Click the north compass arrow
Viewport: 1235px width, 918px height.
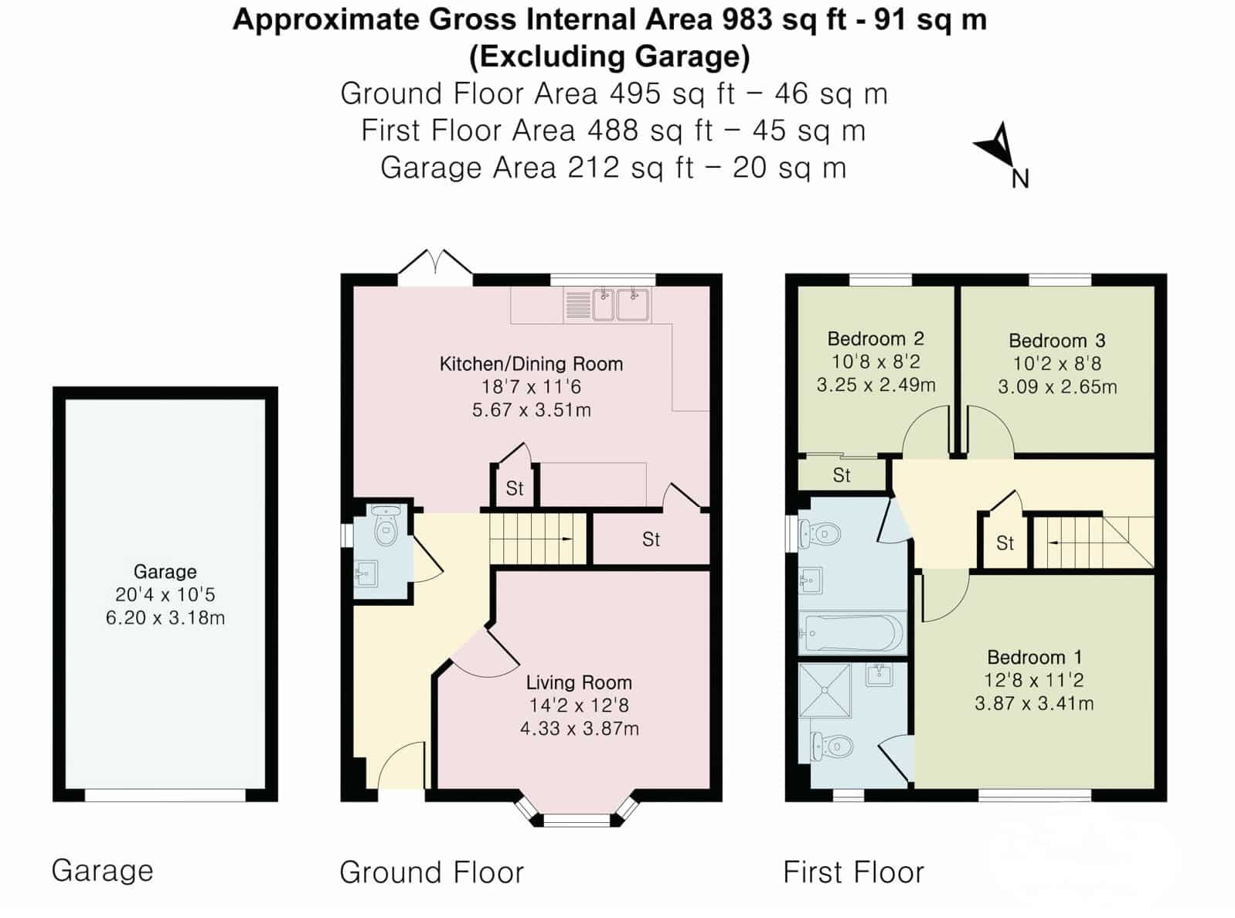[x=997, y=146]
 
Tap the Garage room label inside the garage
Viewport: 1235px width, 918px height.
[x=165, y=572]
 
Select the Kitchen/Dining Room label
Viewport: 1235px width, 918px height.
[x=531, y=364]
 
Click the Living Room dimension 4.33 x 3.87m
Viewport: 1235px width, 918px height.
[x=579, y=729]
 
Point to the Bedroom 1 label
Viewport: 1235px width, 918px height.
[x=1034, y=657]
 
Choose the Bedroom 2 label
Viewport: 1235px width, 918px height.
[x=876, y=338]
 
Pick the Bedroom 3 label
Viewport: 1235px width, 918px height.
[x=1056, y=341]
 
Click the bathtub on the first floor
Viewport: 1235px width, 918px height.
[x=852, y=634]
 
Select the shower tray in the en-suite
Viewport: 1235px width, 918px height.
[x=825, y=690]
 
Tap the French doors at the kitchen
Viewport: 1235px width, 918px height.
[x=435, y=268]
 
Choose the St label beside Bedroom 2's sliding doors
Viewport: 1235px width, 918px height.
[x=842, y=475]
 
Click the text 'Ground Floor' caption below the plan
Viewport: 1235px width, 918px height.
[x=431, y=872]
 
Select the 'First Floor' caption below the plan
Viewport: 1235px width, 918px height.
[x=853, y=872]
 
